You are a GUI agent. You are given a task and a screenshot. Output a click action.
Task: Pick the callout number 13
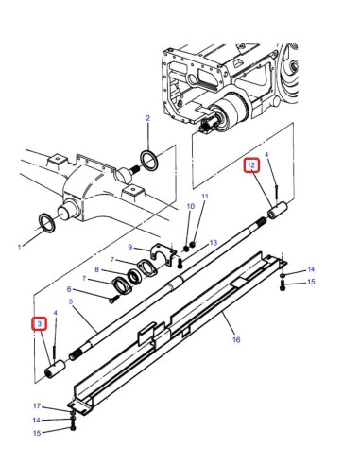tap(214, 242)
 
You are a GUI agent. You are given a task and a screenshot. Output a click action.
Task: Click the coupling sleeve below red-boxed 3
tap(54, 366)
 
